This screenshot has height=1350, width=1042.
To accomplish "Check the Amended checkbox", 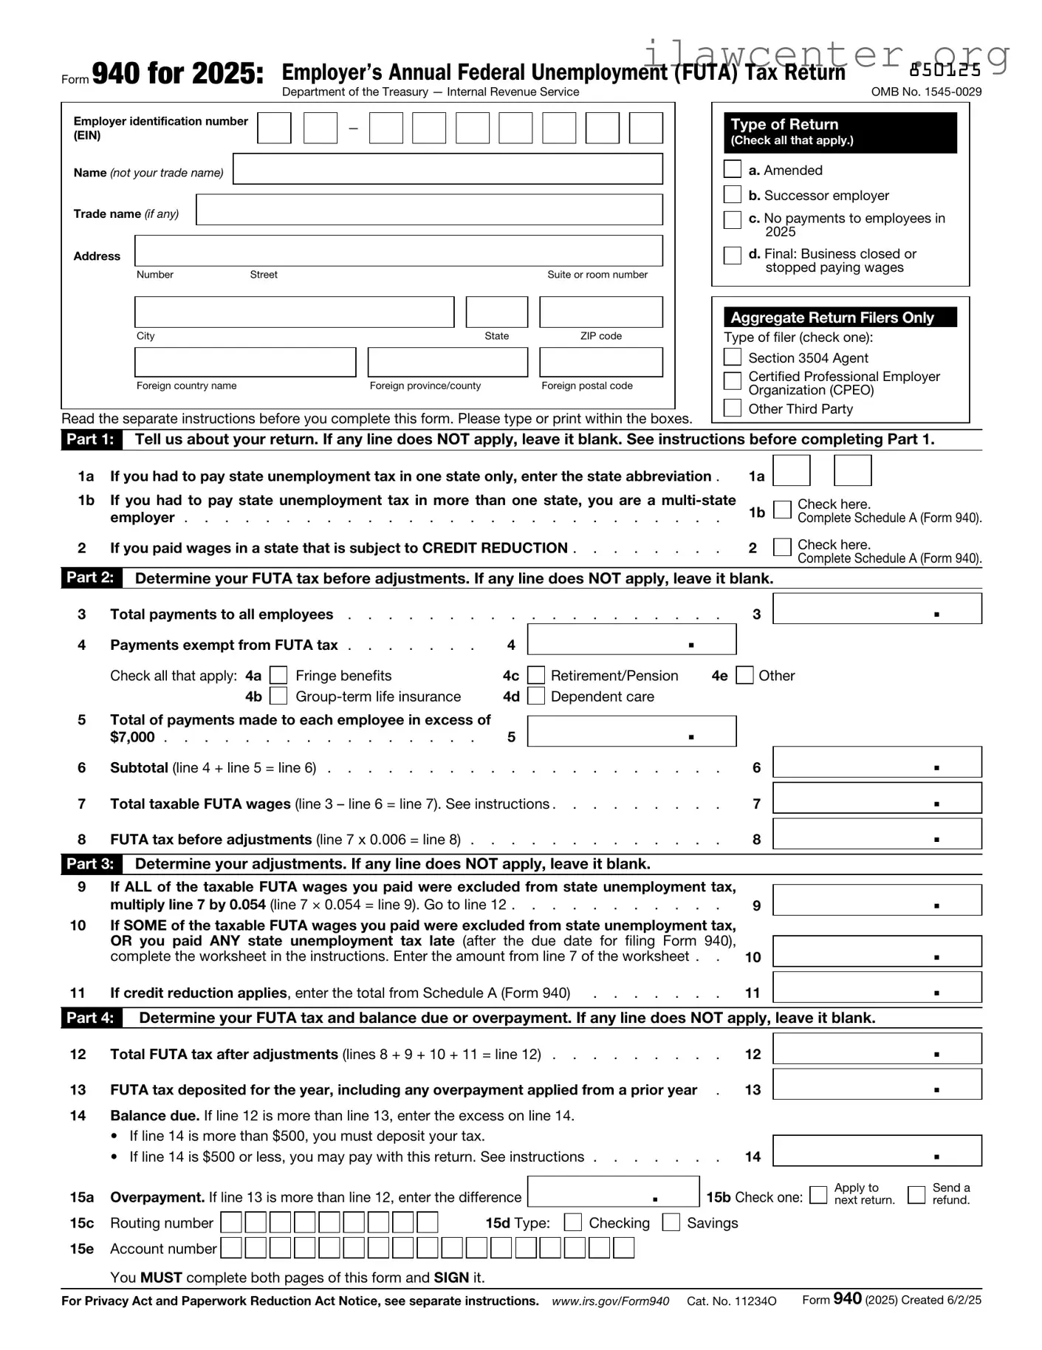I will coord(732,169).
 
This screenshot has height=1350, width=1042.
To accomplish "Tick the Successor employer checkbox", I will coord(732,194).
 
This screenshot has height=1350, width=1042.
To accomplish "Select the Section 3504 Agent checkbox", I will coord(732,357).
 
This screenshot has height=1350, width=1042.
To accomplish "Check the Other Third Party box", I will coord(732,408).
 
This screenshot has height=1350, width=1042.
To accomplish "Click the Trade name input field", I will coord(429,210).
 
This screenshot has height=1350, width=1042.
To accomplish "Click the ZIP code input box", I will coord(600,312).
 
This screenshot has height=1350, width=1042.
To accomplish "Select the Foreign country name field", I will coord(245,363).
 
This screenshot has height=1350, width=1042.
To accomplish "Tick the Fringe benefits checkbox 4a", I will coord(278,675).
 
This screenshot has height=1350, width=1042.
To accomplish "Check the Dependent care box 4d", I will coord(536,696).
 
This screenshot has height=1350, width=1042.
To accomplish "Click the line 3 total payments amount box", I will coord(877,609).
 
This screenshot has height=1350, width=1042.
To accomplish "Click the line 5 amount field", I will coord(631,731).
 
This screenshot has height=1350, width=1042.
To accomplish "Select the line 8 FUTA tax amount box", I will coord(877,834).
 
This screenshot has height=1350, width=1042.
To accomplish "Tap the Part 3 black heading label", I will coord(90,863).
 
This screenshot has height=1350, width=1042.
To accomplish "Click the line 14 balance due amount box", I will coord(877,1151).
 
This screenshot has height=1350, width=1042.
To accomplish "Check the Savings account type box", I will coord(671,1222).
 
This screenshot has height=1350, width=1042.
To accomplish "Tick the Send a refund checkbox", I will coord(916,1194).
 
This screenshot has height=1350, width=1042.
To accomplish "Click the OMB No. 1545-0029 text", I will coord(926,92).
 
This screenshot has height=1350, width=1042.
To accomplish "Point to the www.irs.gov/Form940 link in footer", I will coord(610,1301).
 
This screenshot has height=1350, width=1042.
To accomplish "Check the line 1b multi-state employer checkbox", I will coord(781,510).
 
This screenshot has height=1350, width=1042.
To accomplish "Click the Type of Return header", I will coord(840,132).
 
